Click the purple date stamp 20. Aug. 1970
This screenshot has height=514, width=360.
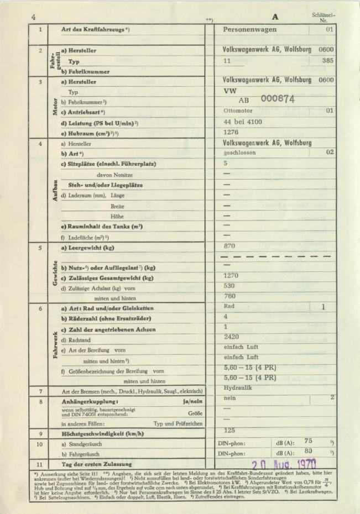284,465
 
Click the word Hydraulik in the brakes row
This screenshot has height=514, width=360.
238,389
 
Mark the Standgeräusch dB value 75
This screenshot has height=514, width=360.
309,441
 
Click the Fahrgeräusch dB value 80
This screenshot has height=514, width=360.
309,452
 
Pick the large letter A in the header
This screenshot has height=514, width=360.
275,17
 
